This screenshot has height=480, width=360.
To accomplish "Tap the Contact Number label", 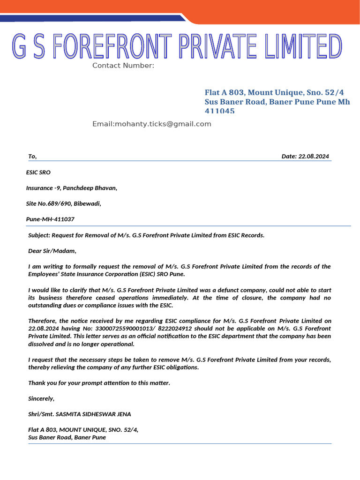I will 123,66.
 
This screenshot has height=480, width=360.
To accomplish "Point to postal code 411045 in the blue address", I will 219,111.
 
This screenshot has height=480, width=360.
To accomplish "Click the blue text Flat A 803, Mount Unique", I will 253,92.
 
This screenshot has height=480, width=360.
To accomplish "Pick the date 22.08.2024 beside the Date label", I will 314,157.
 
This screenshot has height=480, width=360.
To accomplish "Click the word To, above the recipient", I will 32,157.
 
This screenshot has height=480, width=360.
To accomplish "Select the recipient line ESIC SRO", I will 38,172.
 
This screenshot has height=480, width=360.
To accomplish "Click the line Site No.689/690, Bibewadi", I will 63,203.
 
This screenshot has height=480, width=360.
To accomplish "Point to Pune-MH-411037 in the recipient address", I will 50,219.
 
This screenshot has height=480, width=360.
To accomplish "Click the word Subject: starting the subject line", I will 39,235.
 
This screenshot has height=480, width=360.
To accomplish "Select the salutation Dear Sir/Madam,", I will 52,251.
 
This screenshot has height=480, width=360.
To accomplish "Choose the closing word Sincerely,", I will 41,398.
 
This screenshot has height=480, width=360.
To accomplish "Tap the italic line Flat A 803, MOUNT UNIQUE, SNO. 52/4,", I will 83,430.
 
